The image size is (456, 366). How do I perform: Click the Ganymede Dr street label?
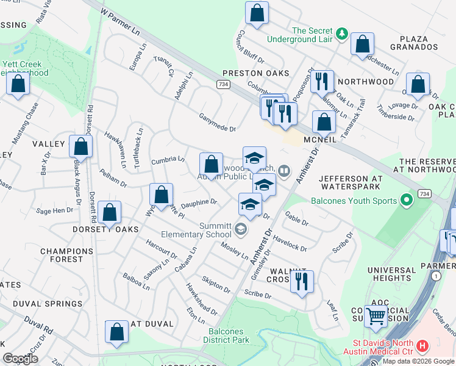(217, 123)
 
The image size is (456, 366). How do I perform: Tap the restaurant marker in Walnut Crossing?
(301, 282)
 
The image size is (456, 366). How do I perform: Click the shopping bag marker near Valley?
(80, 146)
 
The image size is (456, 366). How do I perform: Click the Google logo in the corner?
(20, 358)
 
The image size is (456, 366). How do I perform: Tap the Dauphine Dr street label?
(199, 202)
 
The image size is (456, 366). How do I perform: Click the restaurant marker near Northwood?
(322, 81)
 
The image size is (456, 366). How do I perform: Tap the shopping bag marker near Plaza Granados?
(362, 44)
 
